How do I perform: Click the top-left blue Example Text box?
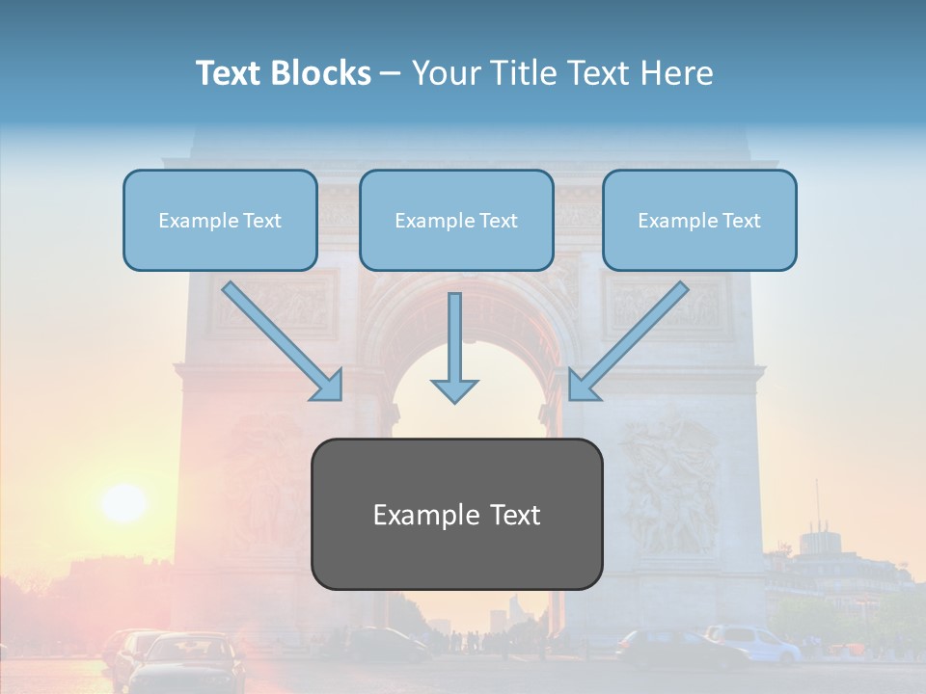pos(220,220)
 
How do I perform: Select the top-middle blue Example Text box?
pos(456,220)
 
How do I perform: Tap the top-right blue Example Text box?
pos(699,220)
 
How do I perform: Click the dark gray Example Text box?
pos(456,514)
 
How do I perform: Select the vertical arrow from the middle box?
pos(454,347)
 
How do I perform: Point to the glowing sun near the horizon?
pos(123,501)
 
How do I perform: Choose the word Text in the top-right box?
pos(742,220)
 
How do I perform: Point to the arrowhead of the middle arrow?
pos(454,390)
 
